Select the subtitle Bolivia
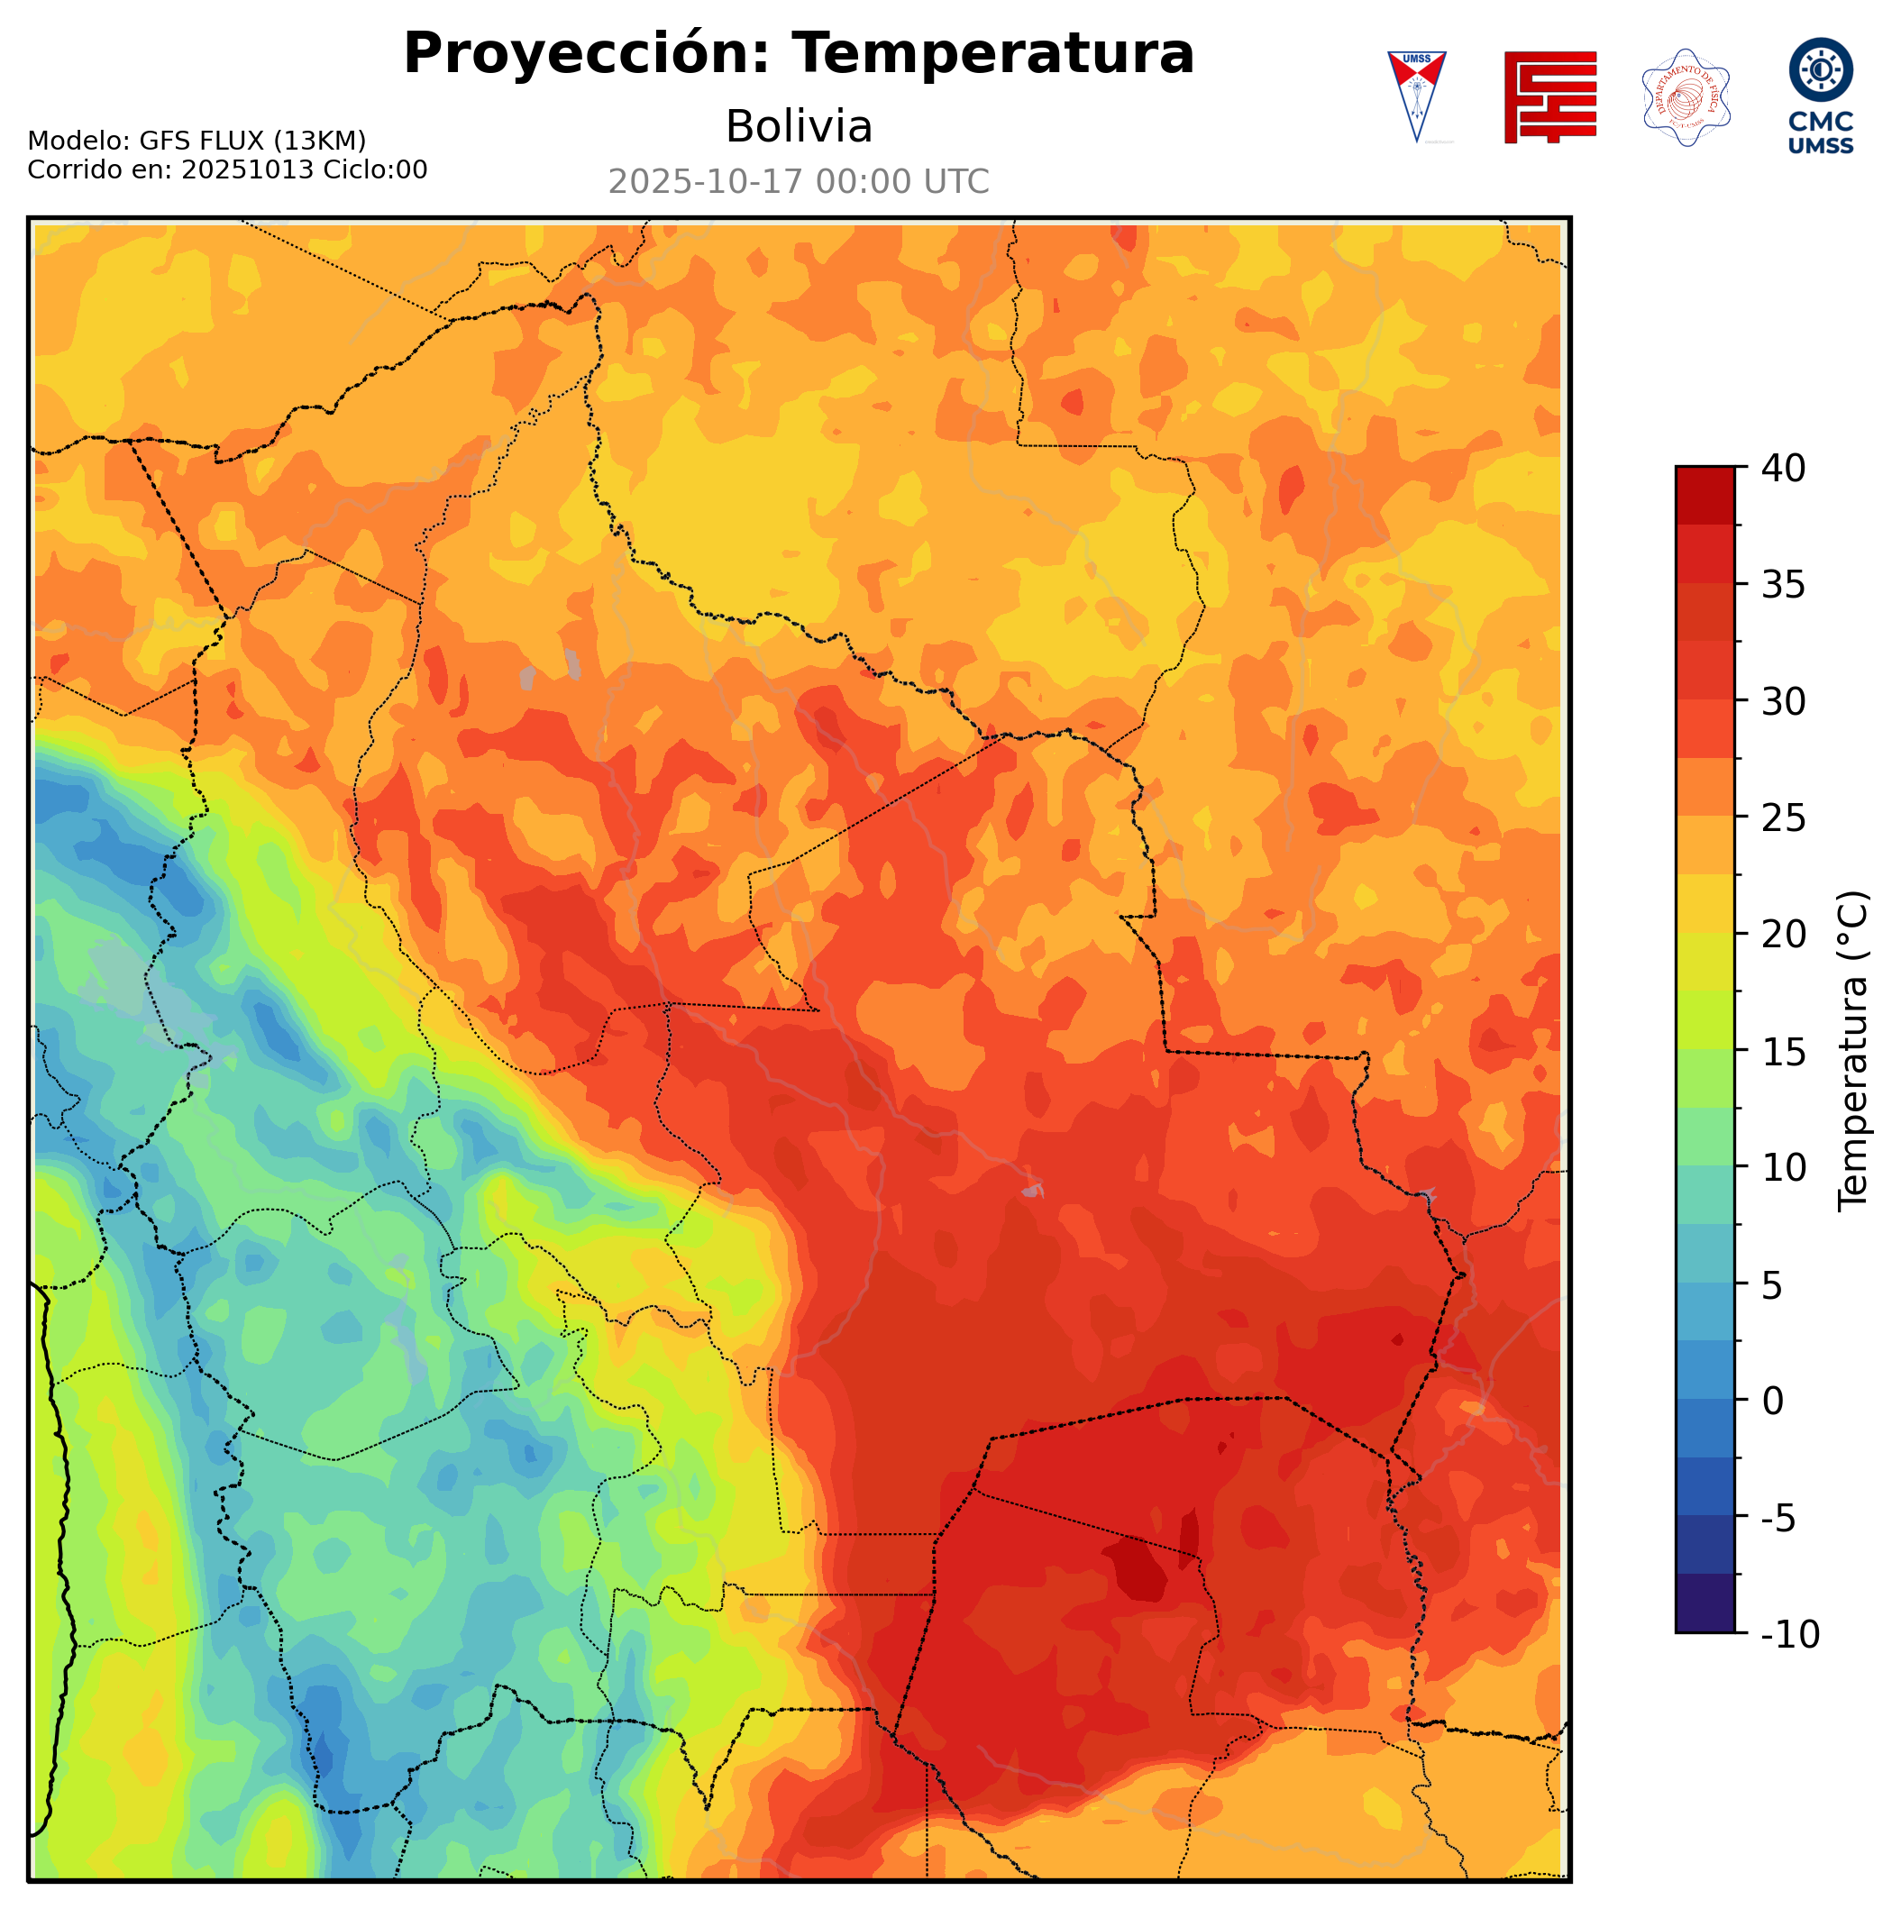click(x=799, y=126)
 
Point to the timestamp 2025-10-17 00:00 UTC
click(x=799, y=182)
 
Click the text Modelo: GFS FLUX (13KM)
click(x=196, y=141)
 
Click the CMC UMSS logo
click(x=1820, y=95)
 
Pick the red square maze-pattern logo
click(x=1549, y=96)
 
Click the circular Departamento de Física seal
click(x=1685, y=96)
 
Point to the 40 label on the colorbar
click(x=1784, y=469)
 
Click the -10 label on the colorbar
click(x=1789, y=1634)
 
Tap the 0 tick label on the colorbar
click(x=1772, y=1402)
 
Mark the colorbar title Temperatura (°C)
click(x=1853, y=1051)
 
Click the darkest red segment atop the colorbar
click(x=1705, y=495)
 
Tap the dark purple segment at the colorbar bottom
click(x=1705, y=1604)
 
